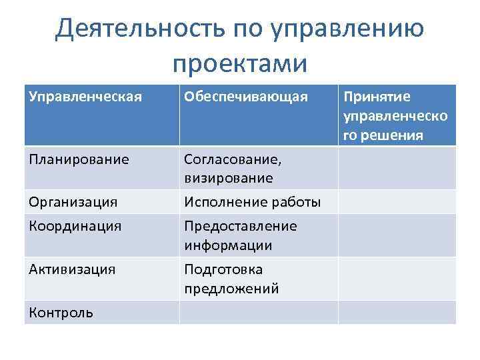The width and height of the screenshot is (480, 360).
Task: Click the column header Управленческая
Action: click(x=85, y=97)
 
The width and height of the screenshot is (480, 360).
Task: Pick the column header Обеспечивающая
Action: click(x=246, y=97)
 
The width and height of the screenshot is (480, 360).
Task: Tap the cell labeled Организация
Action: click(x=73, y=201)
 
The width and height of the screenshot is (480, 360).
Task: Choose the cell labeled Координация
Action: click(x=75, y=226)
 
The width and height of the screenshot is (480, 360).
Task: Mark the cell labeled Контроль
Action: click(x=61, y=312)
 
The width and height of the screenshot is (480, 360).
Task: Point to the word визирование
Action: click(x=229, y=179)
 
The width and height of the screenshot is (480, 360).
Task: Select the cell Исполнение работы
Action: click(x=252, y=201)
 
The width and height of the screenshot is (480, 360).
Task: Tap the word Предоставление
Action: click(x=240, y=226)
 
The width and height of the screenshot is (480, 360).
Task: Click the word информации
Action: click(x=228, y=245)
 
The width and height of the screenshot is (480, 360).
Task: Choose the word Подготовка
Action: click(x=223, y=269)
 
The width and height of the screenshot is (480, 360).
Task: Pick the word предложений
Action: click(x=231, y=289)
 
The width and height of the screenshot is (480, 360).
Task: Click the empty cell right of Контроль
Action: click(x=258, y=312)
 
